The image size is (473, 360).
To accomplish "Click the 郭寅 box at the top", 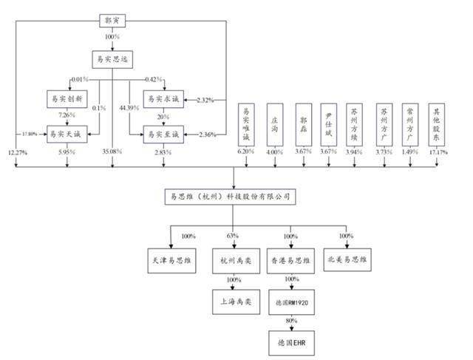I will pos(112,19).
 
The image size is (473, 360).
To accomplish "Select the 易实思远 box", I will pos(112,57).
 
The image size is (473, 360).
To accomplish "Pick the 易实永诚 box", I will pos(162,98).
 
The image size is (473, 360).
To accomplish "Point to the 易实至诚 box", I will pos(162,134).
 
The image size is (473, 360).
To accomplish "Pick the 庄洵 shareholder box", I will pos(273,126).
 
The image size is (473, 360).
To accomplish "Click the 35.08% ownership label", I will pos(112,152).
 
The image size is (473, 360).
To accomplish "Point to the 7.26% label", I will pos(67,116).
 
